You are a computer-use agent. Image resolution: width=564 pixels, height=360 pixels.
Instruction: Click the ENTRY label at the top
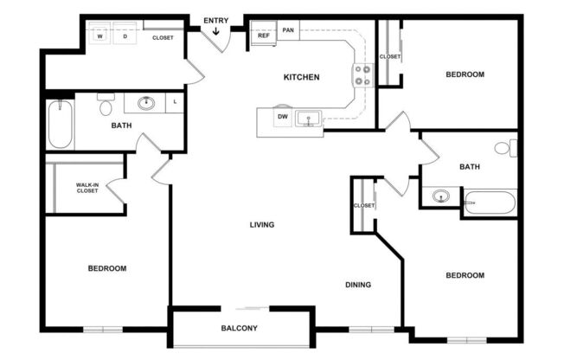[215, 20]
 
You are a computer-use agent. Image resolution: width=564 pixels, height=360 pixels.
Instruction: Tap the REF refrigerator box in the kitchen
[263, 36]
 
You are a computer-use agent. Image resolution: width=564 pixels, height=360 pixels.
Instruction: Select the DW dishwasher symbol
[282, 117]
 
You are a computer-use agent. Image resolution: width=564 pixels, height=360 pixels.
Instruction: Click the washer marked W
[100, 37]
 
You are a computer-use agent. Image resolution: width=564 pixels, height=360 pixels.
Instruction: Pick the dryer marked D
[125, 37]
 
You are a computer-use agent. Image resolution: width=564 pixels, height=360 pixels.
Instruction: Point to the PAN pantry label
[288, 29]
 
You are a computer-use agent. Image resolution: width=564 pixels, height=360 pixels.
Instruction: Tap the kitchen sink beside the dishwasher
[306, 118]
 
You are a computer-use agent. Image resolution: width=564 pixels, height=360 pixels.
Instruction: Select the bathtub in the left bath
[61, 124]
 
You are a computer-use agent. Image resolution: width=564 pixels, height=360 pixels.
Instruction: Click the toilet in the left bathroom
[106, 106]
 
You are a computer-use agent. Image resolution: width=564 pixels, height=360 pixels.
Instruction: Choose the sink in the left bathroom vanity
[146, 104]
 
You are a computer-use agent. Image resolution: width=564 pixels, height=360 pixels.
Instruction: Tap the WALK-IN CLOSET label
[87, 187]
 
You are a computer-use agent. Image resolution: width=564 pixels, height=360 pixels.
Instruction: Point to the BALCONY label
[239, 328]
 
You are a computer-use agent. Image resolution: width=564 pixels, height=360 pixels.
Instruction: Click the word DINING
[358, 285]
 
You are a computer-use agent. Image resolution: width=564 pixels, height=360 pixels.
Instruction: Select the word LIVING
[262, 225]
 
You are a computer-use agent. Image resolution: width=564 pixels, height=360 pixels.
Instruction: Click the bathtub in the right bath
[489, 203]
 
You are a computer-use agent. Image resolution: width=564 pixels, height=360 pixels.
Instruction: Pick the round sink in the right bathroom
[442, 196]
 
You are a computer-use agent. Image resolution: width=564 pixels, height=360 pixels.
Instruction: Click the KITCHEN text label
[302, 77]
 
